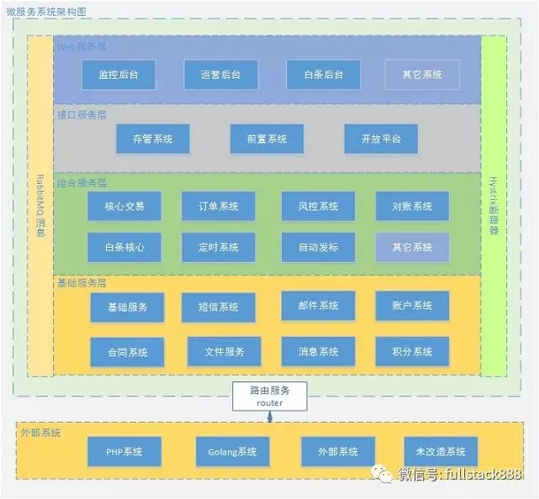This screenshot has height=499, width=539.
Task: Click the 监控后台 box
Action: [119, 75]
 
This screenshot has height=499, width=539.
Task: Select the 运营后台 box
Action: [220, 75]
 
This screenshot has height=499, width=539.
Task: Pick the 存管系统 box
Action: [152, 139]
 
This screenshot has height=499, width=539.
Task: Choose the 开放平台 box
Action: [380, 139]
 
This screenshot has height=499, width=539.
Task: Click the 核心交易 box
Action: [124, 206]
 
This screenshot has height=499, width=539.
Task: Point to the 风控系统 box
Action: [318, 206]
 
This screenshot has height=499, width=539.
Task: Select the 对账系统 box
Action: [412, 206]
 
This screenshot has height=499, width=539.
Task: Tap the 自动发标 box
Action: [318, 247]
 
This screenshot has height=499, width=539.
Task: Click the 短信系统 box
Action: [218, 307]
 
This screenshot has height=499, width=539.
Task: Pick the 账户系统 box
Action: [412, 306]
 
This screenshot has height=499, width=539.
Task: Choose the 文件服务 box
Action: [223, 352]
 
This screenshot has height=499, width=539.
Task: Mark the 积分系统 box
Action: [412, 352]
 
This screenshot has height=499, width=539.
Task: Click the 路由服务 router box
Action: [271, 396]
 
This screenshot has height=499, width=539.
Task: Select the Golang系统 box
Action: [232, 452]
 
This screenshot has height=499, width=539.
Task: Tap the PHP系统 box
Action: [124, 452]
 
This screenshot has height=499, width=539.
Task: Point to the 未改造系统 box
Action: [440, 452]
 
